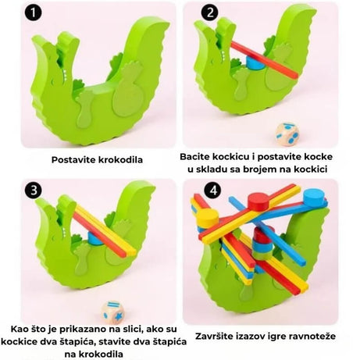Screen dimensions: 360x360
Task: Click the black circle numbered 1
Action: [33, 12]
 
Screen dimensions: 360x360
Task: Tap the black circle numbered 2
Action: [210, 12]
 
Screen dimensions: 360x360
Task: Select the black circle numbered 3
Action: [34, 190]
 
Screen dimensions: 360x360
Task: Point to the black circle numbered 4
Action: [213, 190]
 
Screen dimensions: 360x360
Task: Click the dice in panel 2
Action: [287, 134]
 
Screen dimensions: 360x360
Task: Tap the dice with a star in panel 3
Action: [112, 312]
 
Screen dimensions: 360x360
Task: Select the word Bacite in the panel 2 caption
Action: [194, 157]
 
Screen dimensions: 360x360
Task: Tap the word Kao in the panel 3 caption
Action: [20, 329]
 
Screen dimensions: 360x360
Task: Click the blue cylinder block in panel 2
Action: [255, 62]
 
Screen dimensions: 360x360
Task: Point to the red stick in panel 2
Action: [264, 59]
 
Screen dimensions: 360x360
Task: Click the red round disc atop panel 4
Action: [258, 201]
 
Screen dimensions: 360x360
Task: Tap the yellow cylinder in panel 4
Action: [208, 218]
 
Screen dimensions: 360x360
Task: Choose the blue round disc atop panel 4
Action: [315, 198]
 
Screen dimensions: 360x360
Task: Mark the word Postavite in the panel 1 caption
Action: [70, 159]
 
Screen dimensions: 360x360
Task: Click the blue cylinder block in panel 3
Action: [94, 238]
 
